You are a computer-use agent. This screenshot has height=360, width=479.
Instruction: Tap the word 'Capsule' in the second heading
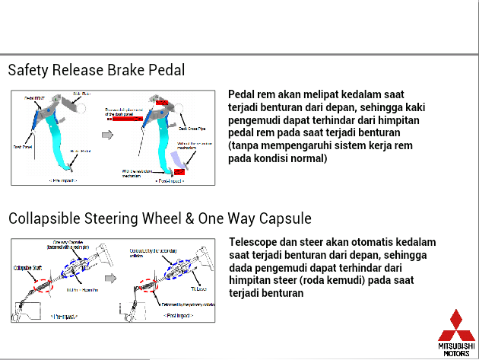284,218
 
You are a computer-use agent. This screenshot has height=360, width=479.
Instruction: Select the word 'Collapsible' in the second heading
46,218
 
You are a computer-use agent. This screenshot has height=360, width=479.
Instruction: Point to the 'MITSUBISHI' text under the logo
456,346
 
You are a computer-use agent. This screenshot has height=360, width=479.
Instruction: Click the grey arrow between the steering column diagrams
111,279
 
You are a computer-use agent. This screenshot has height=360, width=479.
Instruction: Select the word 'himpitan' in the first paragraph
395,120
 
